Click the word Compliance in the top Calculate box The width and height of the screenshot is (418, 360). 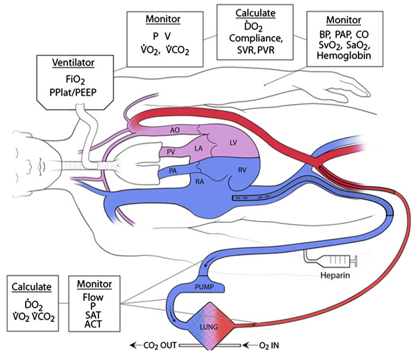click(255, 38)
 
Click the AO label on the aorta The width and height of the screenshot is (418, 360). click(176, 130)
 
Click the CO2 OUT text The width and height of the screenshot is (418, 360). click(155, 345)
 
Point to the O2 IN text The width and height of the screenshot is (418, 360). click(264, 345)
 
